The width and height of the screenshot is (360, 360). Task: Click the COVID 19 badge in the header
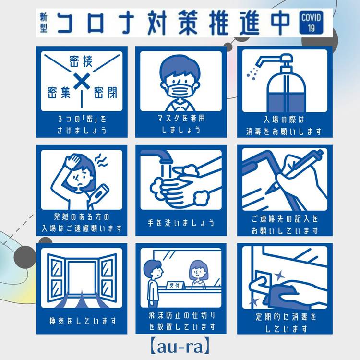[x=311, y=22]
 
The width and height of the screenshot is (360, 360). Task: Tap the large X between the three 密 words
[x=82, y=81]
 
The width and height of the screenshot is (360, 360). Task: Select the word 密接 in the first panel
[x=81, y=61]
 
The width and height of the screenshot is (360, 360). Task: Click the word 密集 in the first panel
[x=59, y=93]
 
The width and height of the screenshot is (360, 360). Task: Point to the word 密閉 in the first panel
[x=106, y=93]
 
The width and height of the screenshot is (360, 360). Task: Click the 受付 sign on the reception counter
[x=175, y=286]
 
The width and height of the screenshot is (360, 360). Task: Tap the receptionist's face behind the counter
[x=198, y=272]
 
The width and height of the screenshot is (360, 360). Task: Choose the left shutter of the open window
[x=55, y=278]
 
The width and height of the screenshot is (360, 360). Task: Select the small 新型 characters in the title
[x=43, y=22]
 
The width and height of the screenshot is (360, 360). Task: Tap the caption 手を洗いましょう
[x=180, y=223]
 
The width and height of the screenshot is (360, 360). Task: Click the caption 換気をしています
[x=83, y=321]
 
